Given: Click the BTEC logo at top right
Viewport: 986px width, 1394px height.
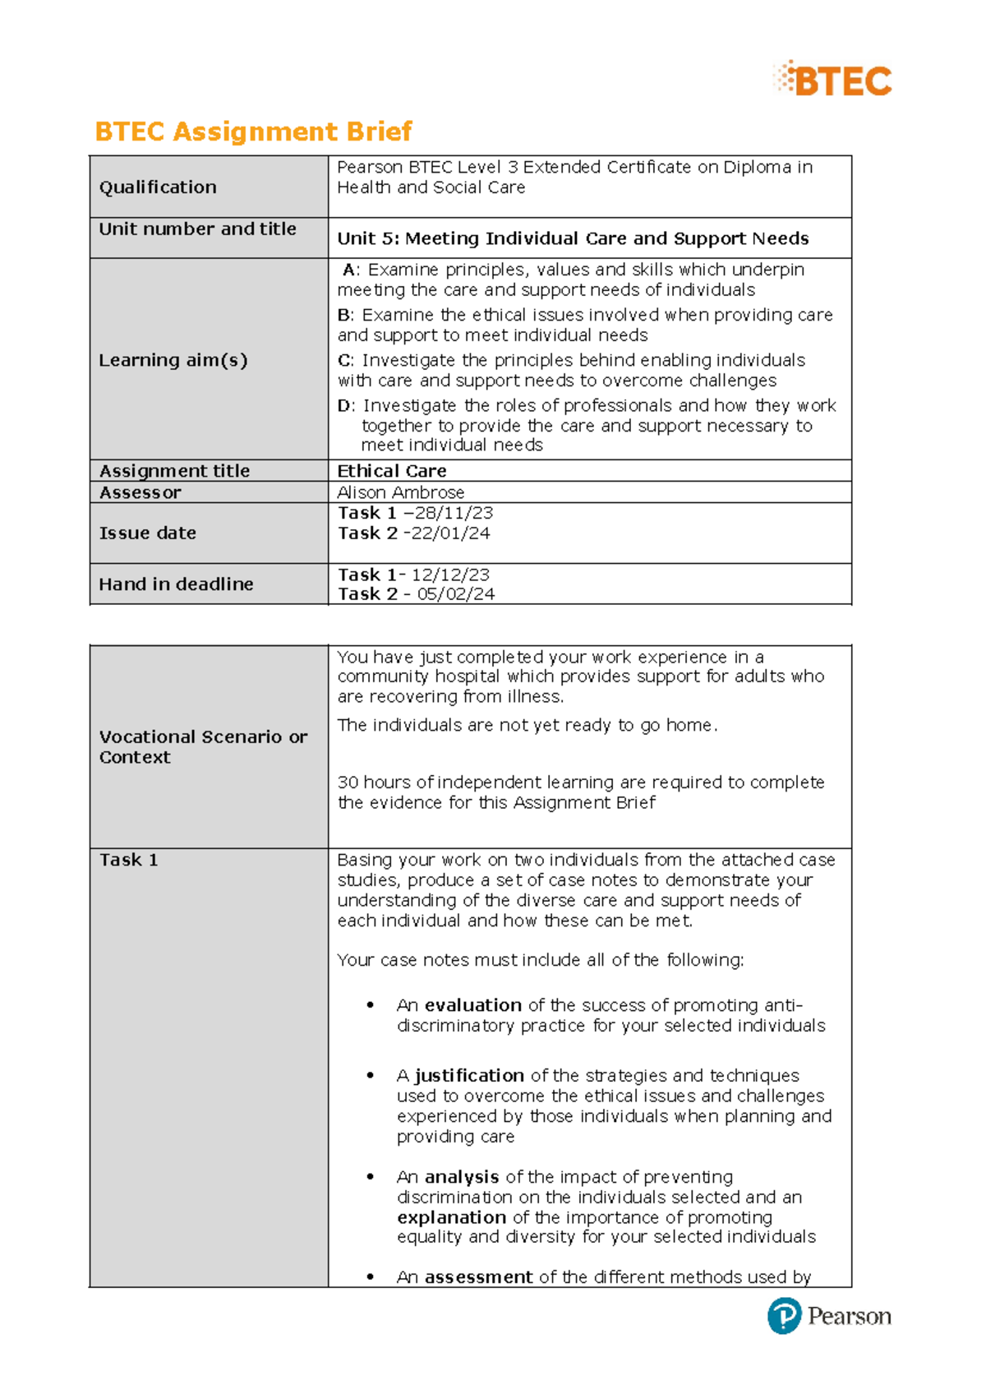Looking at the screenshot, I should click(833, 80).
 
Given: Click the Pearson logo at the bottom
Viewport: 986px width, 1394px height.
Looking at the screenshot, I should click(829, 1316).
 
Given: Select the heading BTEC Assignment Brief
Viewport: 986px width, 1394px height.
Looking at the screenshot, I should click(253, 132).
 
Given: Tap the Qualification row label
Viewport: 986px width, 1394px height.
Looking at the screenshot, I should click(158, 187).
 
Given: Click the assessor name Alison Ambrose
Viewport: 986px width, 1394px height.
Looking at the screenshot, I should click(400, 492).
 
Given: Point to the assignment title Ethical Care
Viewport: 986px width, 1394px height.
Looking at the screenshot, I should click(391, 471).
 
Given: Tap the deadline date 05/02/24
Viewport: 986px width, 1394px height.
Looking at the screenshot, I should click(456, 594).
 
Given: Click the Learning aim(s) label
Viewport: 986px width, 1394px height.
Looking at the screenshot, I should click(173, 360).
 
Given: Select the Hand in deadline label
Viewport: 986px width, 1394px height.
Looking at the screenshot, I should click(176, 584).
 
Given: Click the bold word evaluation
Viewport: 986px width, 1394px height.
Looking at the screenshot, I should click(472, 1005).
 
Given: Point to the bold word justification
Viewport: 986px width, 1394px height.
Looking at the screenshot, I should click(468, 1076).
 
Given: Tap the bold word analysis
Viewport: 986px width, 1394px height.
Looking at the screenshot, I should click(461, 1177).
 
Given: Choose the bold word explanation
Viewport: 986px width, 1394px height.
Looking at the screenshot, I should click(451, 1217).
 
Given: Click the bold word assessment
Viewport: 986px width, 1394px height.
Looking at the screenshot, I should click(478, 1277).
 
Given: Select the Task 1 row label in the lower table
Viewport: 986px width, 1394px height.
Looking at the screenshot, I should click(128, 861).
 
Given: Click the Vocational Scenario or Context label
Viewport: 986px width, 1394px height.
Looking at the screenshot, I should click(202, 747).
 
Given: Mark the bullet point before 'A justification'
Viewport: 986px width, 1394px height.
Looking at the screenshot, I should click(371, 1075).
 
